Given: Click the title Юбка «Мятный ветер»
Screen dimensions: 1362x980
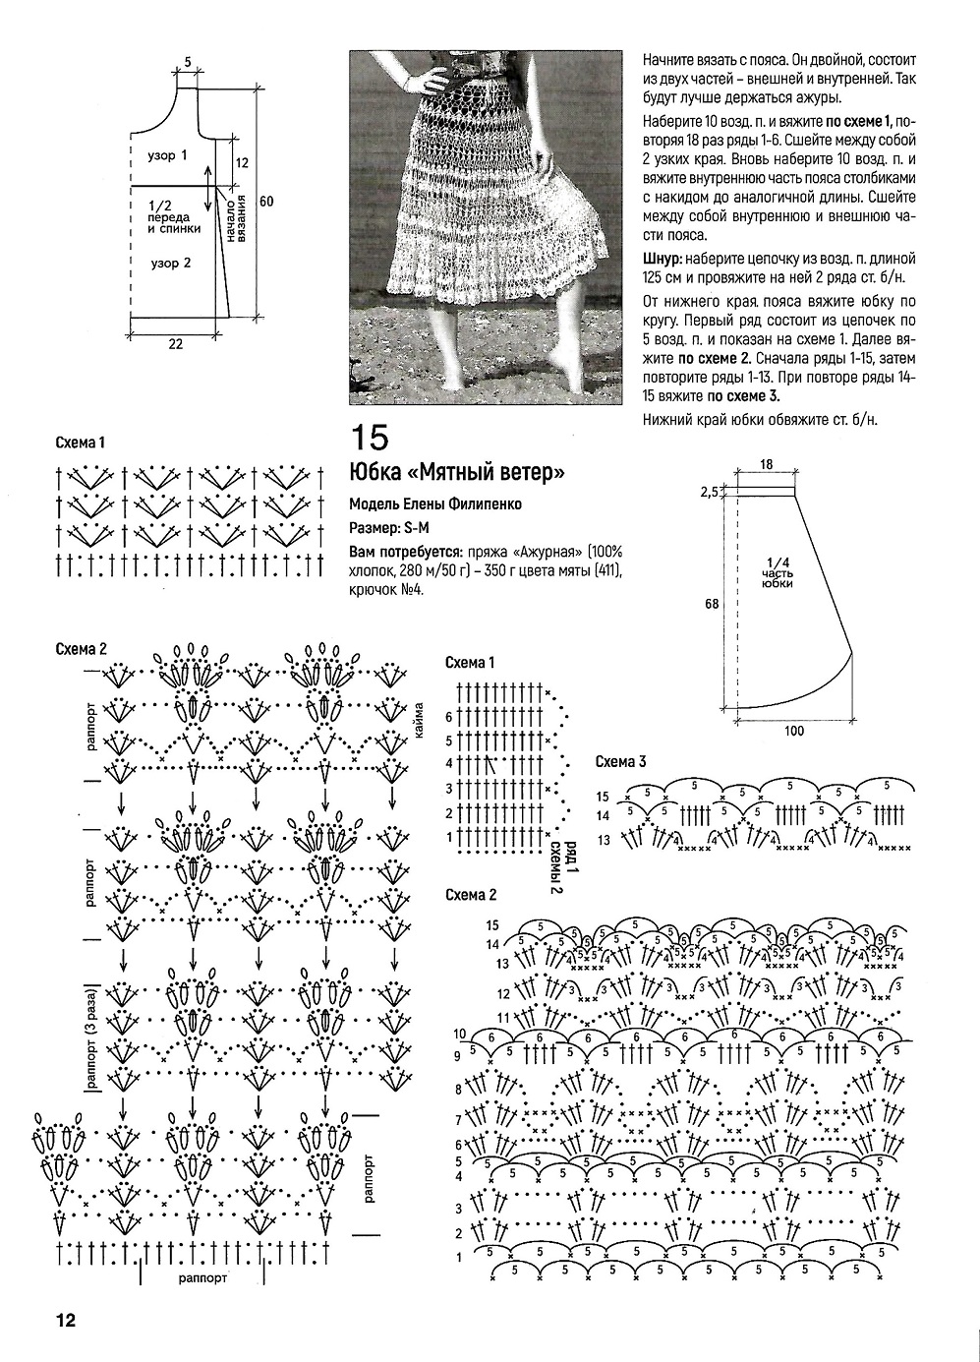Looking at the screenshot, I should coord(457,473).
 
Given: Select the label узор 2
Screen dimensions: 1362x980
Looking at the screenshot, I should coord(172,263).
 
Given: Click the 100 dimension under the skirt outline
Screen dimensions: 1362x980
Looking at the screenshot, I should coord(794,731).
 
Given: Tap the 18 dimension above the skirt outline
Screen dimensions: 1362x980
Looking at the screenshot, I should coord(766,463).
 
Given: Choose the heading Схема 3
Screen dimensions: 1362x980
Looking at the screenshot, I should coord(621,762).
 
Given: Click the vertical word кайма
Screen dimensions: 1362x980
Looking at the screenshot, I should coord(420,723).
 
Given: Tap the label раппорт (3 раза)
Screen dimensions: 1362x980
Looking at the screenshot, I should coord(90,1037).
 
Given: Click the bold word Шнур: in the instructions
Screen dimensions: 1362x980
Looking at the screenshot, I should coord(661,259).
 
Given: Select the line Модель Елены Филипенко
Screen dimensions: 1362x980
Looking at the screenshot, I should coord(435,503).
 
